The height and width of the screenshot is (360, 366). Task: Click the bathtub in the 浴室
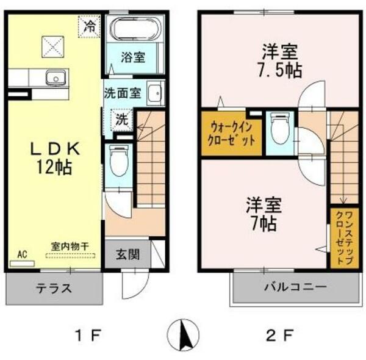[134, 29]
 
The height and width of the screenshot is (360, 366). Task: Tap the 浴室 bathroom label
[132, 58]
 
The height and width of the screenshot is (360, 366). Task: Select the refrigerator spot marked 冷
[90, 26]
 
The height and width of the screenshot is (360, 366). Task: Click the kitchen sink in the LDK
[55, 77]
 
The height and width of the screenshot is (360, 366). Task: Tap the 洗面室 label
[123, 95]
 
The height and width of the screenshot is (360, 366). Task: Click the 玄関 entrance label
[127, 253]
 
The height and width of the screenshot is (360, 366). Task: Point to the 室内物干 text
[70, 246]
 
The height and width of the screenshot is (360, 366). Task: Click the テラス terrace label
[54, 289]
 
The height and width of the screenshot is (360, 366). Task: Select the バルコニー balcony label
[296, 287]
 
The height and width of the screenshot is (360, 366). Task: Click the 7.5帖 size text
[281, 70]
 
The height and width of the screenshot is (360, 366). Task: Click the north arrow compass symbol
[184, 334]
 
